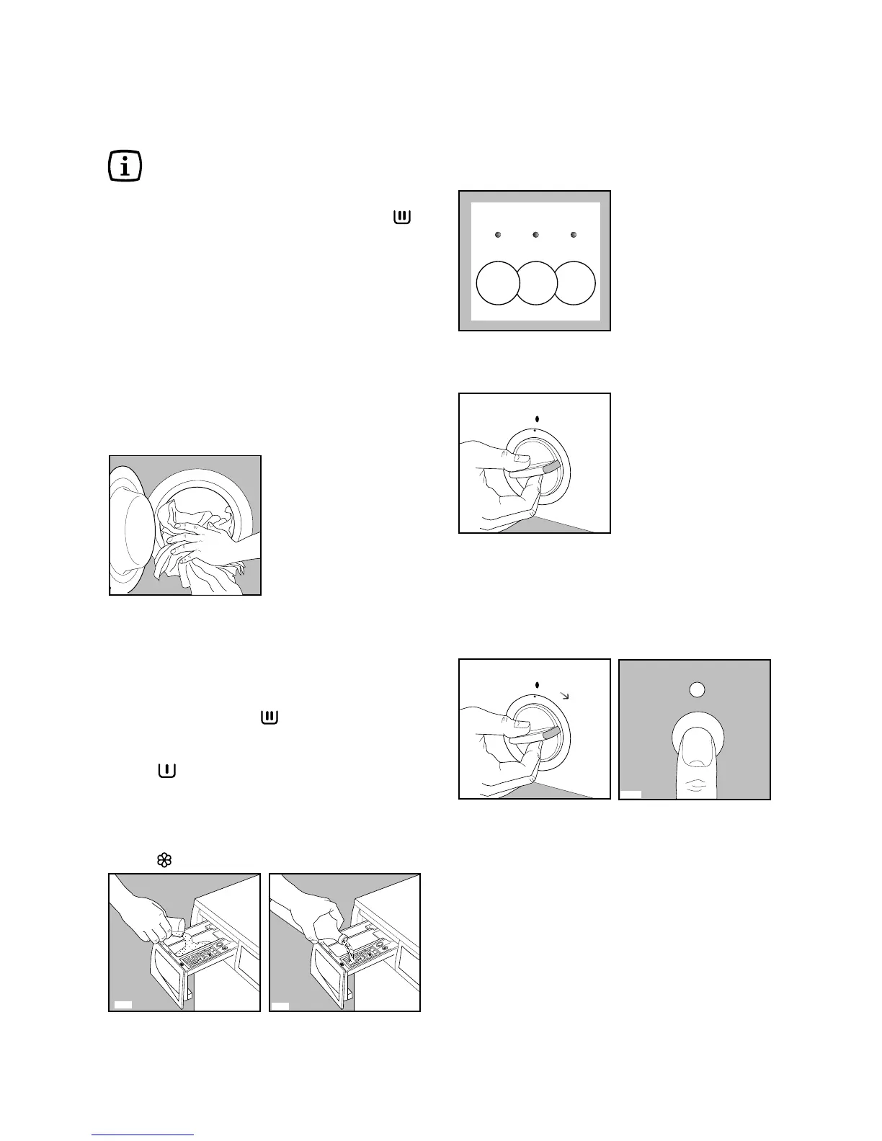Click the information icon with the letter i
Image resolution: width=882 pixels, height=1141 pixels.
125,166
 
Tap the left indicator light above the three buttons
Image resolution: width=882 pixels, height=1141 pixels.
498,235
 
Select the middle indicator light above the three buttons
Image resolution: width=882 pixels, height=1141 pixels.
535,235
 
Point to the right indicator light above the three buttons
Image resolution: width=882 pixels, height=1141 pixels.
574,235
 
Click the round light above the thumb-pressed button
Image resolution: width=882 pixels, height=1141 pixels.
695,689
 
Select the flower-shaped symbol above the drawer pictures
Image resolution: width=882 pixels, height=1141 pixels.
163,860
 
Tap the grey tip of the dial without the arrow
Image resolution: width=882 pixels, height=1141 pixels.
552,467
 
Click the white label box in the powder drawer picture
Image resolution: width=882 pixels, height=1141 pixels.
123,1004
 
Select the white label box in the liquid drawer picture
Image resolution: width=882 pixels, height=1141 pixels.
281,1004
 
